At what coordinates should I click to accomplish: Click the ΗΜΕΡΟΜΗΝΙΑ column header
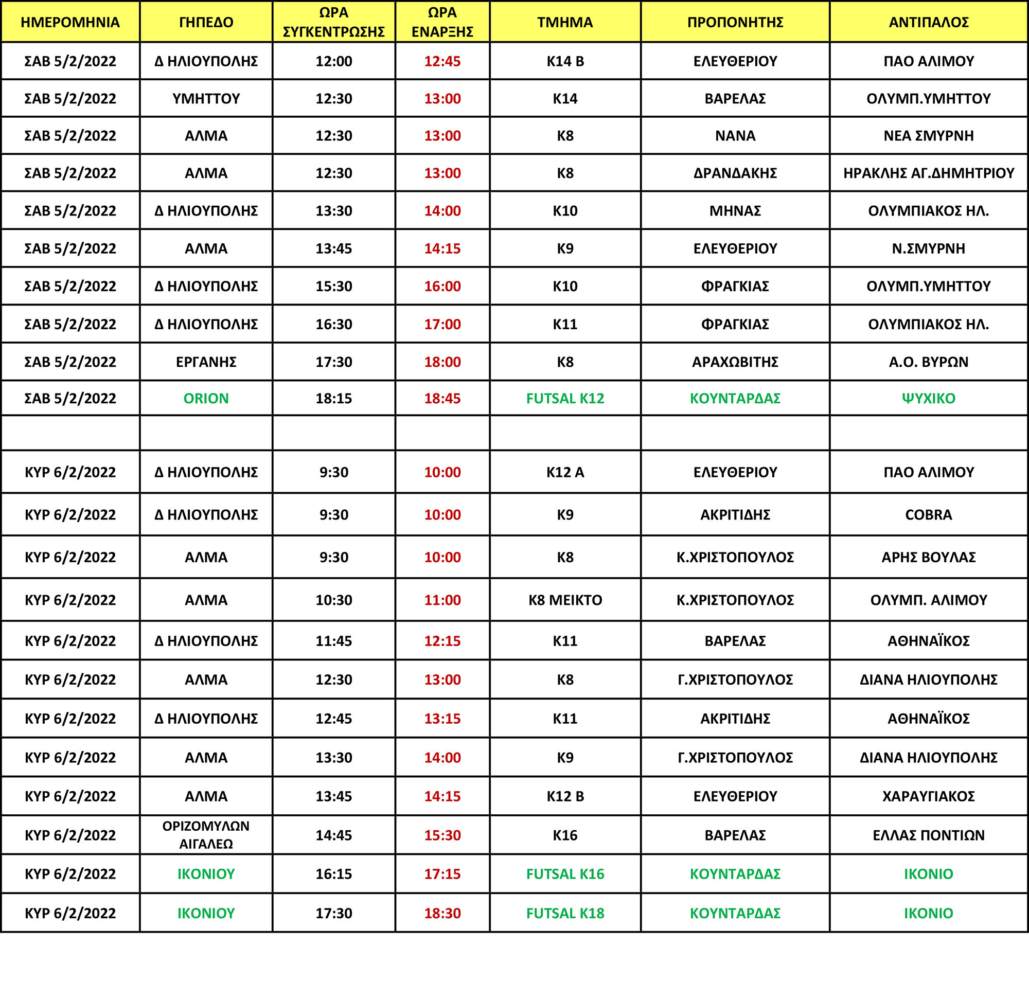pos(70,22)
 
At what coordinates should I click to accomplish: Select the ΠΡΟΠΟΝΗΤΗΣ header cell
pos(735,22)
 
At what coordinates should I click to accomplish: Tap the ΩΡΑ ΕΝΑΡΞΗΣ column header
pos(442,22)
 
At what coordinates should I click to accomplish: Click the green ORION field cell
pos(206,399)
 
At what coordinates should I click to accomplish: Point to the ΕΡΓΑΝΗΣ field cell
pos(206,362)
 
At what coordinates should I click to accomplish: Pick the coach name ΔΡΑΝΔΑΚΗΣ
pos(735,173)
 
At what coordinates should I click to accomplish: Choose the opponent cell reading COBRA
pos(928,515)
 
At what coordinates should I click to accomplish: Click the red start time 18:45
pos(442,399)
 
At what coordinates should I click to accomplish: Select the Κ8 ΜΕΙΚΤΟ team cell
pos(565,600)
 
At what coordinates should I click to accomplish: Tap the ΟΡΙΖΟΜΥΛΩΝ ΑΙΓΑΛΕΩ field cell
pos(206,835)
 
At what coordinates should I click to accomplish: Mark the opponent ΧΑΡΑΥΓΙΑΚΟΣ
pos(928,796)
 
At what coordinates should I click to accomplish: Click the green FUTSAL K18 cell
pos(565,913)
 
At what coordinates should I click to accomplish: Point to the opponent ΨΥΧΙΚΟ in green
pos(928,399)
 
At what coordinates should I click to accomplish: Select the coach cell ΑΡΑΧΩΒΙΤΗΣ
pos(735,362)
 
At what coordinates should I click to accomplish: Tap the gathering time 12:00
pos(334,61)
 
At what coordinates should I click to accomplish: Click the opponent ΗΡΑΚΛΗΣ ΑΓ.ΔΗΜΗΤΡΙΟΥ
pos(928,173)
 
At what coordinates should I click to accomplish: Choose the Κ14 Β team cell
pos(565,61)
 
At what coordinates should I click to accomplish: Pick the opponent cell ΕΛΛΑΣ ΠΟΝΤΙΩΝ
pos(928,835)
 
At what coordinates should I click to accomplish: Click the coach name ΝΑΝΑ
pos(735,136)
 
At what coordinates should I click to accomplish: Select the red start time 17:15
pos(442,874)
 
